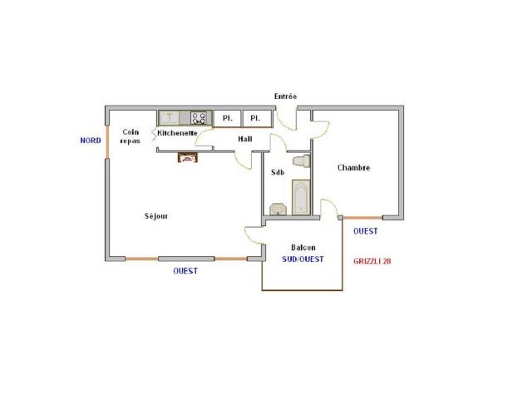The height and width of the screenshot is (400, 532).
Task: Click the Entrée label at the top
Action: tap(285, 97)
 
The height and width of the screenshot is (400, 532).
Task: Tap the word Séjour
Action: tap(156, 216)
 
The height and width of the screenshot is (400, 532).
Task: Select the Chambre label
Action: tap(353, 168)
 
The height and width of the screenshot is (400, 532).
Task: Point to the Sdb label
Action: tap(278, 173)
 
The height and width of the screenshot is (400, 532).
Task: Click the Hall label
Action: tap(244, 139)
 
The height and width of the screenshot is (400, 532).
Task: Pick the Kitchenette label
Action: tap(177, 133)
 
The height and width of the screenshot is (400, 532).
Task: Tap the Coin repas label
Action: tap(130, 136)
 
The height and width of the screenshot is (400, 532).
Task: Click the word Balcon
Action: tap(303, 248)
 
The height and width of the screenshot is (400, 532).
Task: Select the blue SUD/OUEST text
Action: tap(303, 259)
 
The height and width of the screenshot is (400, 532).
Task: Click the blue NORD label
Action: tap(90, 141)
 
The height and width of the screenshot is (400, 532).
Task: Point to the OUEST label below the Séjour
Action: tap(185, 271)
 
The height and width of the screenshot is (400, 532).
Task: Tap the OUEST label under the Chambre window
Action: tap(366, 231)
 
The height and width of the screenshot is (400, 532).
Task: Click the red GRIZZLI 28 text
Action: tap(372, 260)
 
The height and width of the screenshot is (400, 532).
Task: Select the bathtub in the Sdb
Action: tap(300, 198)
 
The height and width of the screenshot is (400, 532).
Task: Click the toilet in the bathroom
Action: tap(301, 160)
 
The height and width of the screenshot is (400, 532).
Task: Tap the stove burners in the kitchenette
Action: tap(199, 118)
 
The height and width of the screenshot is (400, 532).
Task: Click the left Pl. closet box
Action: tap(227, 118)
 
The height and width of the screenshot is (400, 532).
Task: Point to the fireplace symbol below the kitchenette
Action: tap(187, 157)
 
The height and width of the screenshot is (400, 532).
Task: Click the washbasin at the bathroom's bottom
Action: tap(277, 208)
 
